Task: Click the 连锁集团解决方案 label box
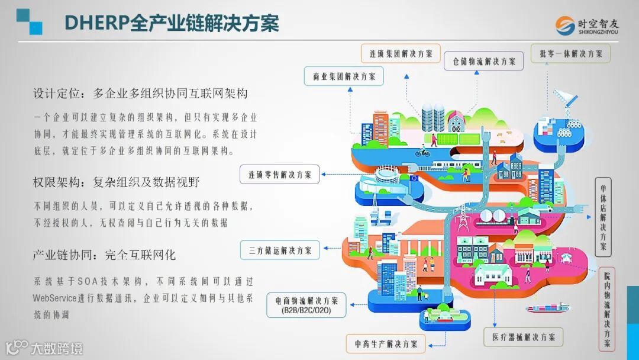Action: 401,53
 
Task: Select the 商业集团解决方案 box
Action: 344,76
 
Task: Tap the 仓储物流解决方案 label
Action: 484,61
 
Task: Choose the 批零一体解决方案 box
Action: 570,53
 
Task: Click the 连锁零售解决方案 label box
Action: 279,174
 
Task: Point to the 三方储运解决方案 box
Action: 280,250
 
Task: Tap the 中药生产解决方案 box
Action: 386,343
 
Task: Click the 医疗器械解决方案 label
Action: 523,337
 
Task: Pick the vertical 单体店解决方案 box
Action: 603,216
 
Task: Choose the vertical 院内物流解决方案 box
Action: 607,310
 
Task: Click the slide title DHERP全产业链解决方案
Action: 171,22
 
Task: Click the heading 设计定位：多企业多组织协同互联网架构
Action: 140,94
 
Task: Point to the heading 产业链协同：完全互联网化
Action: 104,255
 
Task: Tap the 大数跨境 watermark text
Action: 57,348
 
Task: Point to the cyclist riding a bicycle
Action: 422,152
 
